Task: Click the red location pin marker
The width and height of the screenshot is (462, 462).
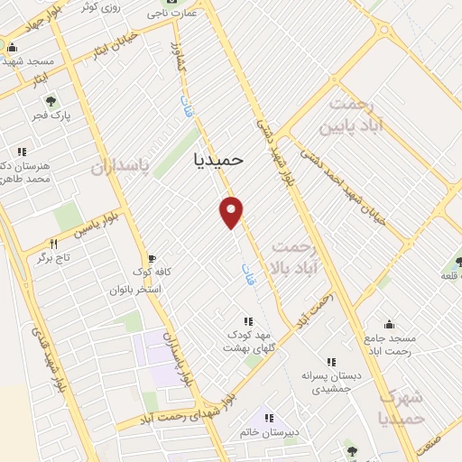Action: pos(232,211)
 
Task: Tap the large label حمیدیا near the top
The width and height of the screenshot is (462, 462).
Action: pos(219,159)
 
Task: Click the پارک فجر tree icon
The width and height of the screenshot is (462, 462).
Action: pos(51,101)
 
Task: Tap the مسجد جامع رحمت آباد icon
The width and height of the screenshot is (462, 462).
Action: pos(390,324)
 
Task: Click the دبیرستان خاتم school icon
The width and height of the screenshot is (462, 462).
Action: pos(268,418)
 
